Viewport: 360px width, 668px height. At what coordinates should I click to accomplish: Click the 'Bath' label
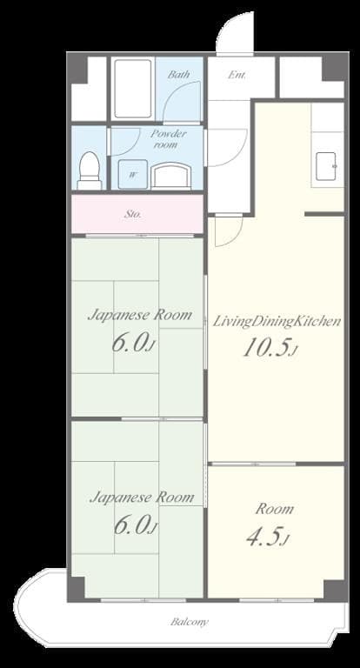tap(179, 75)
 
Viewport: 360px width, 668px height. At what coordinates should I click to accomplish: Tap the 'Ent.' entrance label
tap(237, 75)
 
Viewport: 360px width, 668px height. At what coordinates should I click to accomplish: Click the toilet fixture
tap(90, 170)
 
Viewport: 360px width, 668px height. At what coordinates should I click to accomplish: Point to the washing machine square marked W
tap(133, 173)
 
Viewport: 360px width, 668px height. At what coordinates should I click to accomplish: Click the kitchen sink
tap(328, 165)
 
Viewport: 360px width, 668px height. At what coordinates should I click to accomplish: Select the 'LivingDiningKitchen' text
tap(277, 321)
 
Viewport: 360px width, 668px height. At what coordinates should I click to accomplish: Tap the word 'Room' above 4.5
tap(274, 509)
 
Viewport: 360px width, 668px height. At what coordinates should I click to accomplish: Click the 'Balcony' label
tap(189, 622)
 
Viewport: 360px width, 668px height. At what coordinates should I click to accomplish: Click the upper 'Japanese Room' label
tap(139, 315)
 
